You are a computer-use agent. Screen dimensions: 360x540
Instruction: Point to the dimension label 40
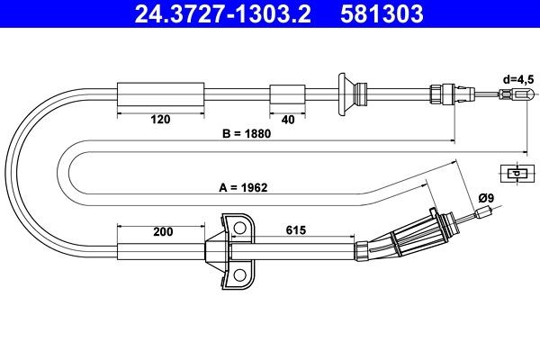coord(288,118)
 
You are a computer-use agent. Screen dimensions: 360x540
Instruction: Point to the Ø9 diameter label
coord(486,198)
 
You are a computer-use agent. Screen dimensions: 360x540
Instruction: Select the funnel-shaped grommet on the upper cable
coord(346,92)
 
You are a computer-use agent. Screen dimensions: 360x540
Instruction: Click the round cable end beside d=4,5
coord(521,94)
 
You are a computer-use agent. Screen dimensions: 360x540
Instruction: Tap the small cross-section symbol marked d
coord(514,173)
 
